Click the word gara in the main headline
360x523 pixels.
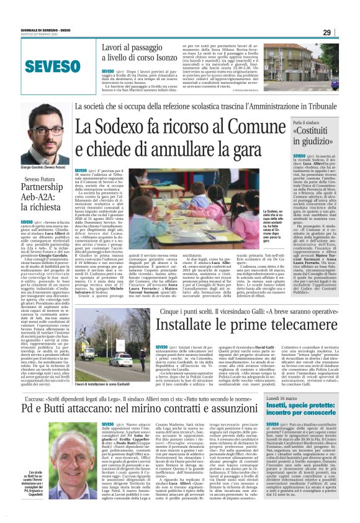(236, 149)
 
